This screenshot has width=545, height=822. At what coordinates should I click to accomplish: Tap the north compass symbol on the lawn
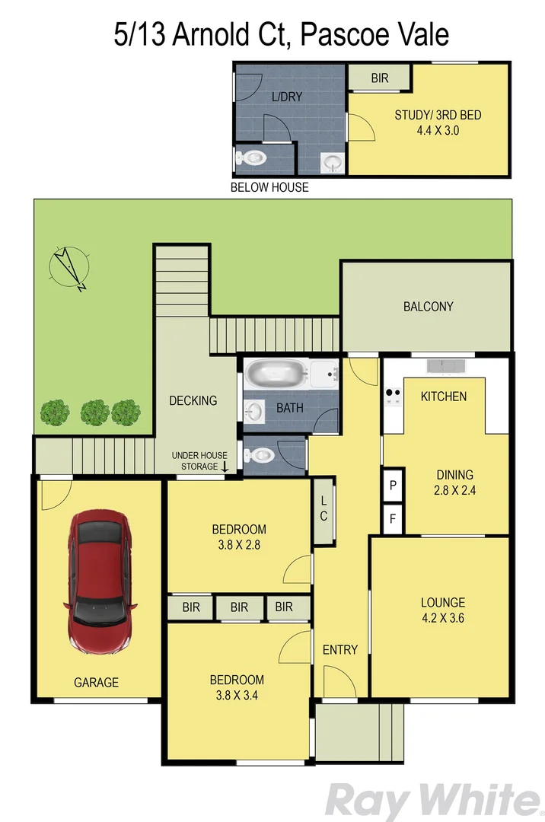69,267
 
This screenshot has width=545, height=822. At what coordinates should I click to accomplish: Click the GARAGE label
96,683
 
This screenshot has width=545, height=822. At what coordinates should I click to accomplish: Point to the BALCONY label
428,307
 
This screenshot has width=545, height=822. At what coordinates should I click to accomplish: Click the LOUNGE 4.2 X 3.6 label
442,610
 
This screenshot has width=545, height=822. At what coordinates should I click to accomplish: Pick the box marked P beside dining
393,485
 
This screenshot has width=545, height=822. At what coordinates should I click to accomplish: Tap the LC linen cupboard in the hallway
323,510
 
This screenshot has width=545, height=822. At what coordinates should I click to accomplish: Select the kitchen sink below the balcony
447,366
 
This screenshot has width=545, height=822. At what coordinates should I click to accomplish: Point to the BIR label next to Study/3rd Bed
380,78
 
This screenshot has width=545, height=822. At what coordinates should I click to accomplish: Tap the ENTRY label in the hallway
339,649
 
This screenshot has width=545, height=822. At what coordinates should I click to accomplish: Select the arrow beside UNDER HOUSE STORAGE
225,466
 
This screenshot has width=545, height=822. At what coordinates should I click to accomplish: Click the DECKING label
193,400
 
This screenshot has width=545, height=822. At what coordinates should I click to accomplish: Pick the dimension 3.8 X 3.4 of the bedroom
237,695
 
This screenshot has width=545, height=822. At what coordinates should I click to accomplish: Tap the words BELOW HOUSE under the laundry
269,187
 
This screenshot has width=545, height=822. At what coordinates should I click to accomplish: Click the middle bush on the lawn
94,413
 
